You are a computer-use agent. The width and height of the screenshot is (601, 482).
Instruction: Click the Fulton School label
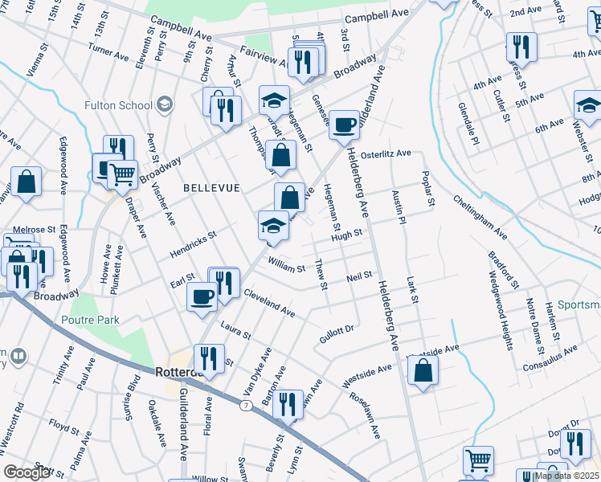point(118,105)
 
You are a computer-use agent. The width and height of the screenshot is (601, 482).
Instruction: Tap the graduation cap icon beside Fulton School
point(165,104)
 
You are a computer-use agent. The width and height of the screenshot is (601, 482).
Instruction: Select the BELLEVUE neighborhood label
point(211,187)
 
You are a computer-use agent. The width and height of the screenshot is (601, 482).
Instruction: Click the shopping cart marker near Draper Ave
point(122,174)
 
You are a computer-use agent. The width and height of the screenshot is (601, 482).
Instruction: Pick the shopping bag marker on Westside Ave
point(423,372)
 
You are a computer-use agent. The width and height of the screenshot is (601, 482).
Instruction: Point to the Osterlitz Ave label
point(386,153)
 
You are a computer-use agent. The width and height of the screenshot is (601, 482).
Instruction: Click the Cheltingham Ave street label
point(479,218)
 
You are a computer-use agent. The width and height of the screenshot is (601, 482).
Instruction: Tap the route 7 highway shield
point(245,406)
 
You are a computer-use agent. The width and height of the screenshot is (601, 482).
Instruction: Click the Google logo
point(27,472)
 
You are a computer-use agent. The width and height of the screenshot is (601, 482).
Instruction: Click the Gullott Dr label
point(337,330)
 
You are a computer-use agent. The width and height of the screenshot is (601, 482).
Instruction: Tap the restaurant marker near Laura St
point(209,360)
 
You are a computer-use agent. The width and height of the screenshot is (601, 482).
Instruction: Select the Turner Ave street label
point(108,53)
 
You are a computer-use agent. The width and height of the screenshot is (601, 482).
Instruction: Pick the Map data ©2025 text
point(566,476)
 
